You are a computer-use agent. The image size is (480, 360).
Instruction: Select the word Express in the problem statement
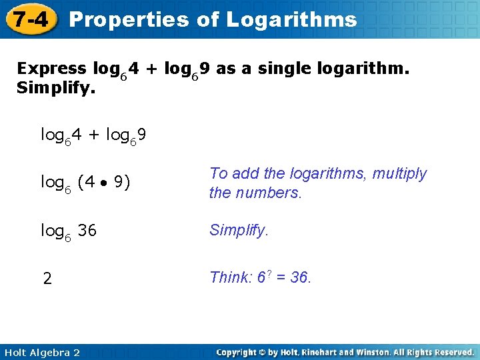[x=51, y=69]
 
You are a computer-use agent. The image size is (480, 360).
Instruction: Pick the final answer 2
[x=47, y=279]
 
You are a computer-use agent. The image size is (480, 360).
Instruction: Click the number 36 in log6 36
[x=87, y=231]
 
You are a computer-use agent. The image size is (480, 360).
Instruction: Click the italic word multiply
[x=399, y=173]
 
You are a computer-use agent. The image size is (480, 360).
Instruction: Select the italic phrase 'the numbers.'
[x=255, y=193]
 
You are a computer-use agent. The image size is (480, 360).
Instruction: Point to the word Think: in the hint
[x=231, y=277]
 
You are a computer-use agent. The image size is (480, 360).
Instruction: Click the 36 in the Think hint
[x=299, y=277]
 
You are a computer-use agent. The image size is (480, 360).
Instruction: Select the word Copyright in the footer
[x=237, y=352]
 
